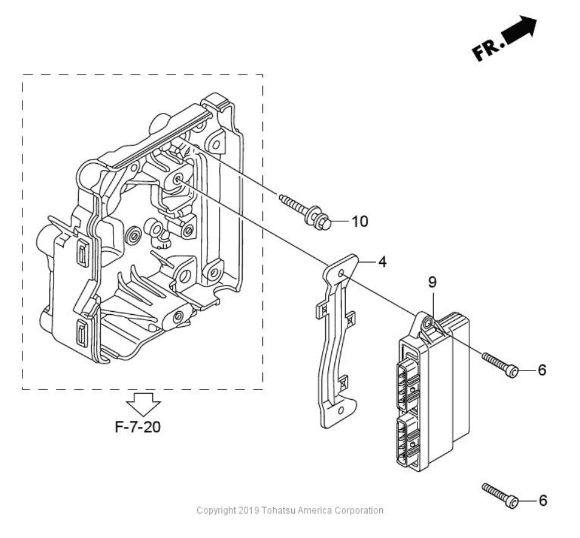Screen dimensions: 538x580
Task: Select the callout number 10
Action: coord(360,221)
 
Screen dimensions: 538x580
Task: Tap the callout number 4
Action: coord(382,263)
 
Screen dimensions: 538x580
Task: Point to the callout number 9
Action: coord(432,282)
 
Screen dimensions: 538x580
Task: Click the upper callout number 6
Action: coord(542,370)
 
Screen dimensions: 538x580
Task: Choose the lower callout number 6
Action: coord(542,500)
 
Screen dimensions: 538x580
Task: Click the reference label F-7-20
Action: coord(138,426)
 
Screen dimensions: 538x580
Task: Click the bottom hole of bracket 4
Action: coord(340,411)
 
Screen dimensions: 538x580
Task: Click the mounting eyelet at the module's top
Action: coord(429,324)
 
